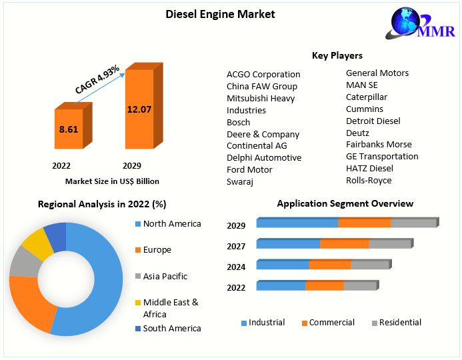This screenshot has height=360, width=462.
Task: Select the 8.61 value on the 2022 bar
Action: [69, 129]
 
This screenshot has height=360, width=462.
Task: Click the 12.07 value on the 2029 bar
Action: [139, 109]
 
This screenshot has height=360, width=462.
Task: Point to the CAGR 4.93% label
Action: [97, 79]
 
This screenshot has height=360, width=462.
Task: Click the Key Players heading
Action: [337, 55]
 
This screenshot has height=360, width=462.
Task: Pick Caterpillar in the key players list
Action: [367, 97]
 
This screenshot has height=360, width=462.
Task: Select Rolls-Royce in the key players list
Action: [369, 180]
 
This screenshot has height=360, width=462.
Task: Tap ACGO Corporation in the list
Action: [263, 74]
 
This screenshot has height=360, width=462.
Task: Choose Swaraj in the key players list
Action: [240, 181]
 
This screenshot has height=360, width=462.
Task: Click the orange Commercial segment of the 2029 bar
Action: [365, 223]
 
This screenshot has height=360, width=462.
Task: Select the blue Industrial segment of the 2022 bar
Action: [281, 287]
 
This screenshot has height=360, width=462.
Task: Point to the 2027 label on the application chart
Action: [236, 246]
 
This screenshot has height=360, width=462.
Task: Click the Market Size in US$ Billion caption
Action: [112, 181]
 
